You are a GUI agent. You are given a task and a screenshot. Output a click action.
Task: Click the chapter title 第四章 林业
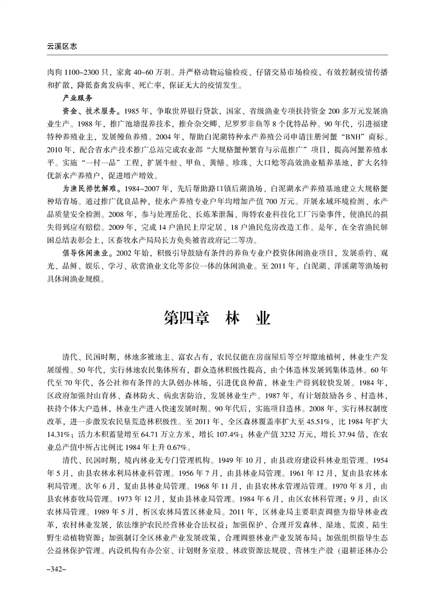pos(217,318)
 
